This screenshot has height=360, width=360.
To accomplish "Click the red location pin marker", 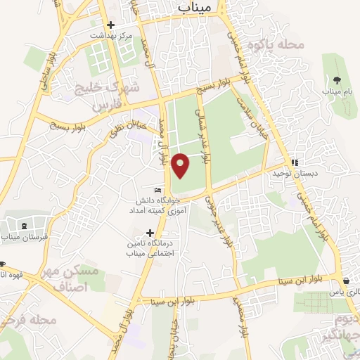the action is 181,164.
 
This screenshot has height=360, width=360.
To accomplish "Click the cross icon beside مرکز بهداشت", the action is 111,25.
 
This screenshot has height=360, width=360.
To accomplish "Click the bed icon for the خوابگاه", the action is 158,190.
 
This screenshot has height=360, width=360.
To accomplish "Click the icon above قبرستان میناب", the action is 25,226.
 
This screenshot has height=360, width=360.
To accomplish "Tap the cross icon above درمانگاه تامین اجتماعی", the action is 150,232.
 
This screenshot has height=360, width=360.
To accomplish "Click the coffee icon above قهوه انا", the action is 2,265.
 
